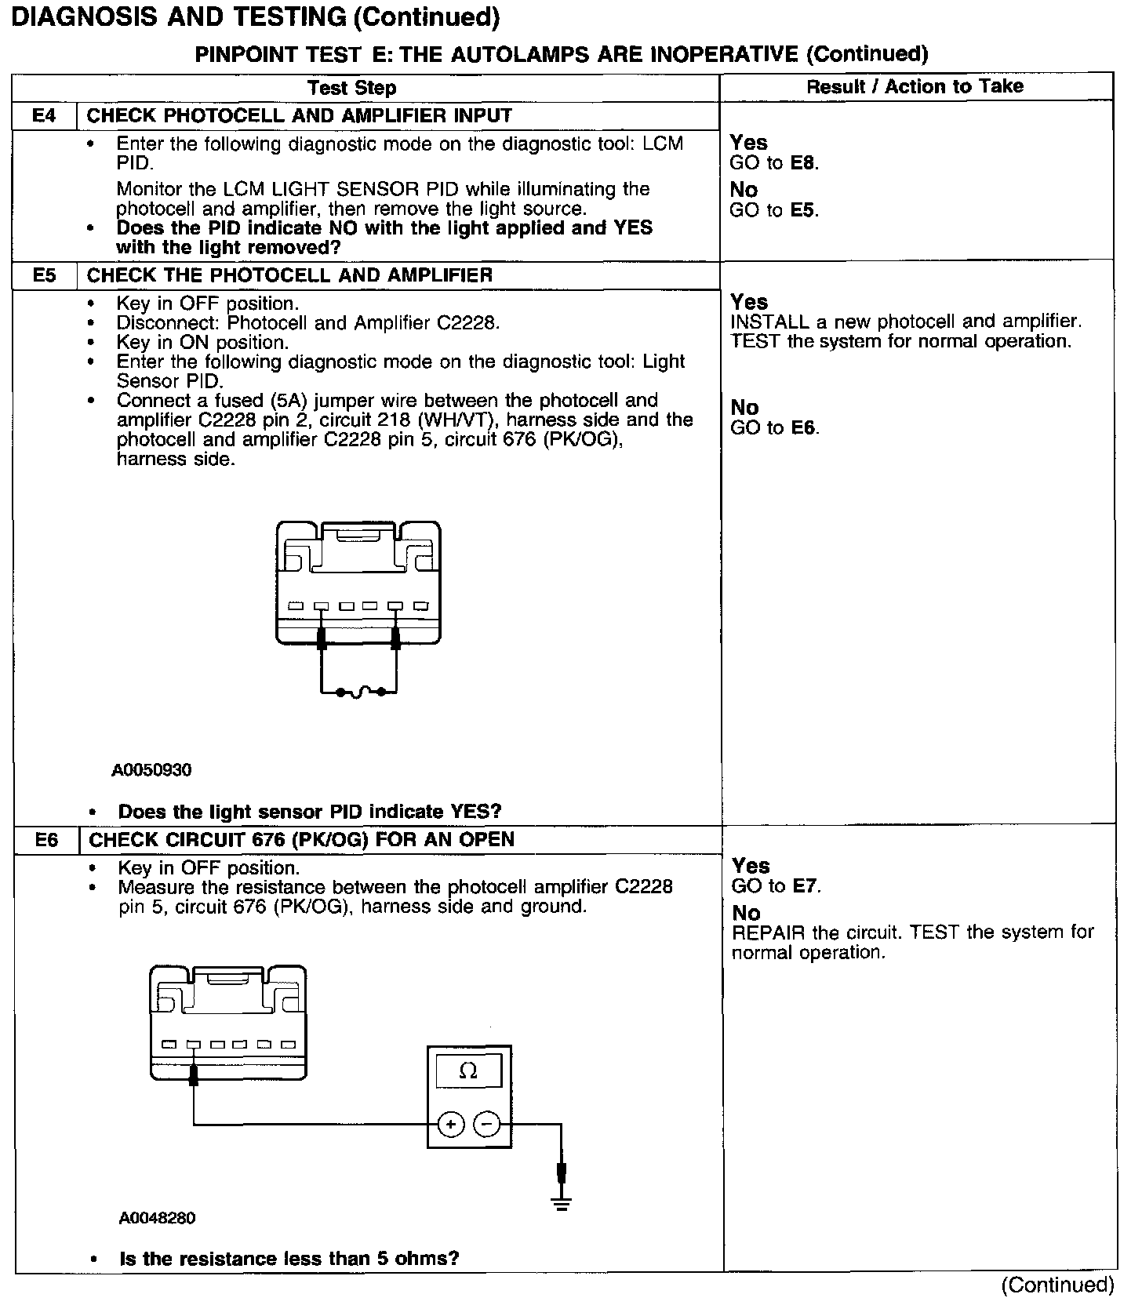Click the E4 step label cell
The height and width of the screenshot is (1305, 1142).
tap(44, 116)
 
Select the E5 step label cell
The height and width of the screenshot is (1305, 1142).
tap(45, 275)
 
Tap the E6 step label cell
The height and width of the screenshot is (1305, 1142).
tap(46, 840)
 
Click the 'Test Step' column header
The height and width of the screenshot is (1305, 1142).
tap(351, 88)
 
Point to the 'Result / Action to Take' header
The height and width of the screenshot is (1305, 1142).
tap(915, 86)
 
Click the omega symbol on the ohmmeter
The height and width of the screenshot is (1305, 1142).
tap(468, 1071)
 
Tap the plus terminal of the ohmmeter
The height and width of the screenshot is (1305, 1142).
tap(450, 1125)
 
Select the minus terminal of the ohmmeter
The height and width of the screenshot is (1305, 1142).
tap(486, 1125)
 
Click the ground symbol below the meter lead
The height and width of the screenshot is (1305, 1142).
tap(561, 1203)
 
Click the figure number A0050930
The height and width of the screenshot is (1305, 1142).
tap(151, 770)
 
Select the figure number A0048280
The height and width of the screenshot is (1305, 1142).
tap(157, 1218)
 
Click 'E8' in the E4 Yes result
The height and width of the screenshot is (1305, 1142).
tap(803, 163)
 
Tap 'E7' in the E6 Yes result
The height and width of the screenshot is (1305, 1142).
tap(806, 886)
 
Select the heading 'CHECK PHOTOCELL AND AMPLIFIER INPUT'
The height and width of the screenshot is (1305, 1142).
tap(299, 116)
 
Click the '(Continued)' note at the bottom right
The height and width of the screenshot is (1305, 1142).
tap(1057, 1285)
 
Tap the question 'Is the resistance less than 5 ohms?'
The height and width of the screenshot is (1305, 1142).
tap(289, 1259)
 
